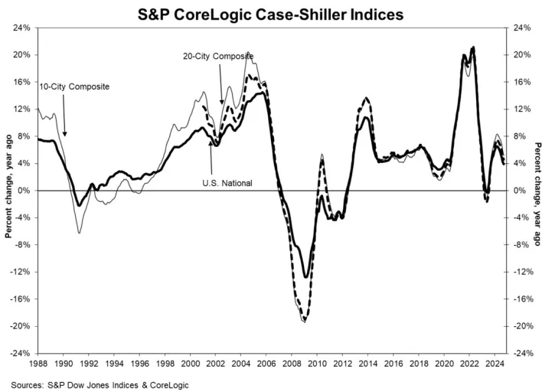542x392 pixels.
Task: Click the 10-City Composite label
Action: click(74, 87)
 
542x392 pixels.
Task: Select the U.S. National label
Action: click(227, 182)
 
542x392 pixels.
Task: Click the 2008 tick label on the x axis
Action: click(283, 364)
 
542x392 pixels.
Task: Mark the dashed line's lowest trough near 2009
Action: click(305, 320)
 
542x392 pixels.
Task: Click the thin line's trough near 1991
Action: click(79, 231)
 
